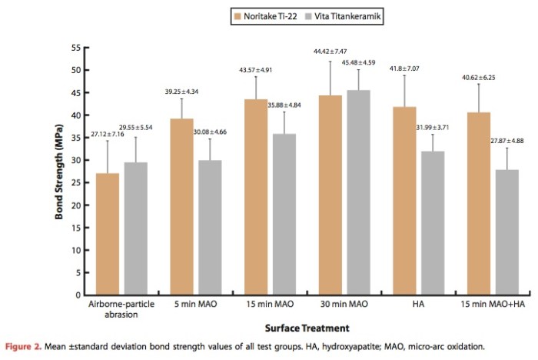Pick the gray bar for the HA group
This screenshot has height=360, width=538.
tap(434, 222)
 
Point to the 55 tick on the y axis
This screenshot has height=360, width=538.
tap(75, 48)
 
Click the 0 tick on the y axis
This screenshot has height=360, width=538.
tap(77, 295)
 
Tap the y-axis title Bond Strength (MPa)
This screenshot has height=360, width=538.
tap(59, 171)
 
